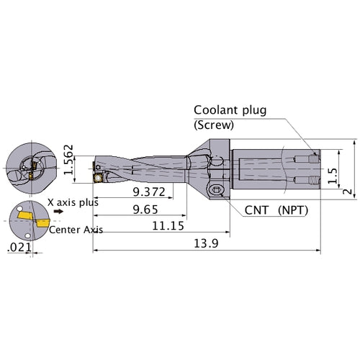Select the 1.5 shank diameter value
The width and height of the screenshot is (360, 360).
pos(332,176)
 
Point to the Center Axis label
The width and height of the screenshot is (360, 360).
pos(77,230)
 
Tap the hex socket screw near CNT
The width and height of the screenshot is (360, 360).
pos(215,189)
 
